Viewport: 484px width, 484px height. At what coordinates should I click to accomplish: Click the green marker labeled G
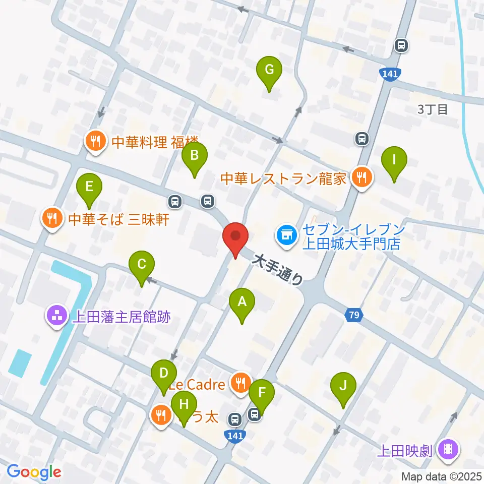point(269,71)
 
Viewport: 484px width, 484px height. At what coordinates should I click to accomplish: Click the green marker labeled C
point(142,265)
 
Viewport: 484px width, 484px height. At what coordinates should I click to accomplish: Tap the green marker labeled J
point(343,387)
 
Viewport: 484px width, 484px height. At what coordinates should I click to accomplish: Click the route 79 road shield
point(354,316)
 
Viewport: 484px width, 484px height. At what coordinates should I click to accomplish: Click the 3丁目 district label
point(432,109)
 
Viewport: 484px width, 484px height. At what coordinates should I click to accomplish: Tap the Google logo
point(34,472)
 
